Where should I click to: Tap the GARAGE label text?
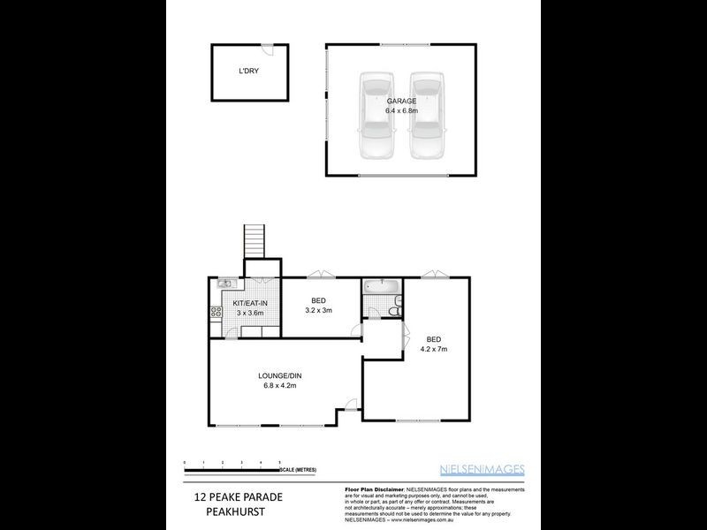(x=400, y=101)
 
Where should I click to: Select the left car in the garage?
(x=376, y=115)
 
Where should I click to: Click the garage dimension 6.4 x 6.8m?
(x=400, y=112)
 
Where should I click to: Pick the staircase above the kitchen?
(x=255, y=238)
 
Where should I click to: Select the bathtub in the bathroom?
(x=382, y=287)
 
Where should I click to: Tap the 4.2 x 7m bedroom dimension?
(x=434, y=349)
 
